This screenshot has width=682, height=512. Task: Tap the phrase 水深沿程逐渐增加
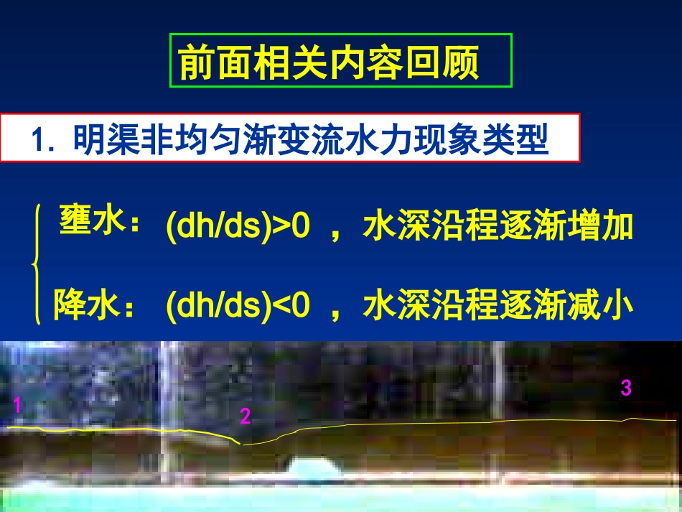point(498,227)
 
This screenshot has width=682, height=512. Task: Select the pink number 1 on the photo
point(17,407)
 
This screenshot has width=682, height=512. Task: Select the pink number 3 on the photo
point(626,388)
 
